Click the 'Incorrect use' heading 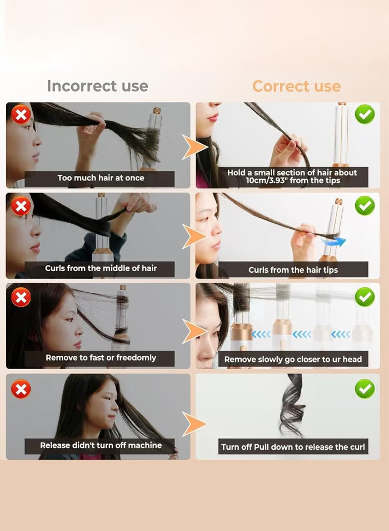(x=97, y=86)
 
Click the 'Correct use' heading (x=296, y=86)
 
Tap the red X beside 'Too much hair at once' (x=21, y=116)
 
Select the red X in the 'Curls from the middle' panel (x=21, y=206)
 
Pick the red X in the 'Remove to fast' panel (x=21, y=297)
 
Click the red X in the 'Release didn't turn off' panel (x=21, y=389)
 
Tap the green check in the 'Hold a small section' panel (x=365, y=115)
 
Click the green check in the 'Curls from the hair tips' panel (x=365, y=206)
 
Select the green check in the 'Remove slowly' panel (x=365, y=297)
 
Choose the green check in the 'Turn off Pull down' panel (x=365, y=389)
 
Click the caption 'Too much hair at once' (x=101, y=178)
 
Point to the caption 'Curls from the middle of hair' (x=101, y=268)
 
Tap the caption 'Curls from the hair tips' (x=293, y=270)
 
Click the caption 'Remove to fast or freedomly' (x=101, y=358)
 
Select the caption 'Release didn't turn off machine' (x=101, y=445)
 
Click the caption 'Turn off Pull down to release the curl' (x=293, y=447)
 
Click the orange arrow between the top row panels (x=194, y=147)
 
